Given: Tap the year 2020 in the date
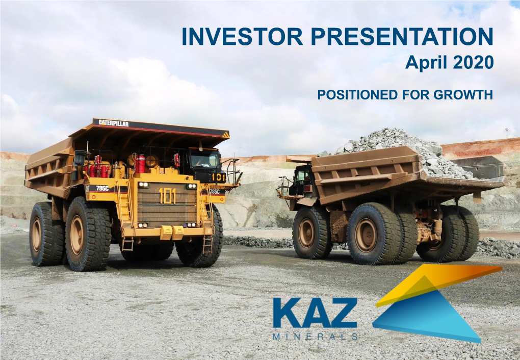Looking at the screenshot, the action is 473,62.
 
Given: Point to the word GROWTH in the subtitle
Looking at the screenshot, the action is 463,95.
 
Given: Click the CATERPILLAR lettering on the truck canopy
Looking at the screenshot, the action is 113,123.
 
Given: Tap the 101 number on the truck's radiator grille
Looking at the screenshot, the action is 168,196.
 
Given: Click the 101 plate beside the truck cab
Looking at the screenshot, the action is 219,177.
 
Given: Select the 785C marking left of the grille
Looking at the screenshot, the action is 102,189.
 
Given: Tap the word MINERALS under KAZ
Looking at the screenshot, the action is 315,337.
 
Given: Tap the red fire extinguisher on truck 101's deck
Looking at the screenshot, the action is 140,164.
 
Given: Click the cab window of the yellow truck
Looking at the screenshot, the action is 204,159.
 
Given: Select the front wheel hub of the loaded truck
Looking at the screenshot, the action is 306,233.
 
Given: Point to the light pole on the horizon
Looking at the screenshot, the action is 507,134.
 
